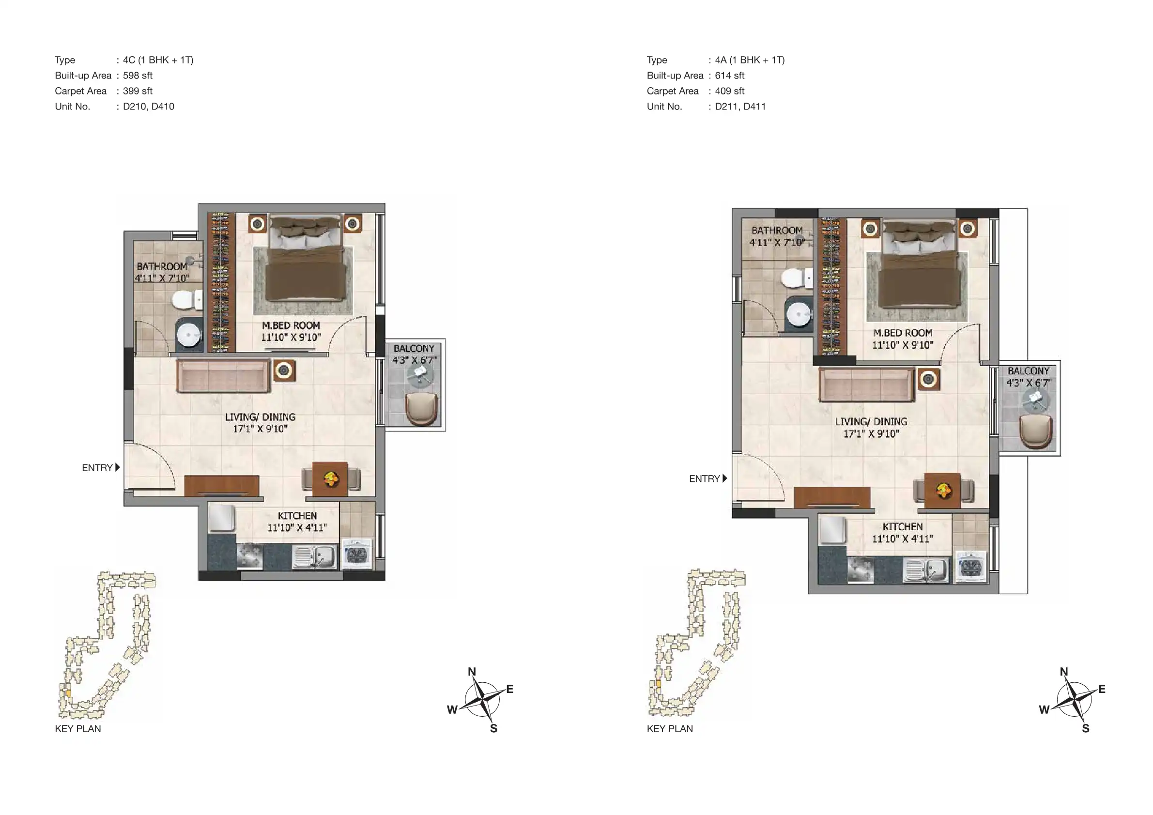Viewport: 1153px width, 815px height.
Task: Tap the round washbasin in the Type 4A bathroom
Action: pos(799,314)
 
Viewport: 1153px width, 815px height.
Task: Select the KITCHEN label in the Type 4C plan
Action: pos(297,516)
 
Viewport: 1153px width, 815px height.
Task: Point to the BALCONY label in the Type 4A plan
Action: pos(1029,371)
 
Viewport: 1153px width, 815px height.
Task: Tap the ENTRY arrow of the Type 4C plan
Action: pos(118,467)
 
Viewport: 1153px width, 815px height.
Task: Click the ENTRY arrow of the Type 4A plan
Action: pos(724,478)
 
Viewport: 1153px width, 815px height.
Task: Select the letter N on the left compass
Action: pos(472,672)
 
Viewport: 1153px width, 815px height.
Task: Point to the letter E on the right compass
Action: pos(1102,689)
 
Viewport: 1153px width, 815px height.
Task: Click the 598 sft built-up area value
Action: pos(138,76)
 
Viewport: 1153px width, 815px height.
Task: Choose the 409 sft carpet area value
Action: pos(730,91)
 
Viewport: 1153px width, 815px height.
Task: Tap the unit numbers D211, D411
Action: pos(740,107)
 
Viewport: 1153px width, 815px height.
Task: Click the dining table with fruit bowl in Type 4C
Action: pos(330,479)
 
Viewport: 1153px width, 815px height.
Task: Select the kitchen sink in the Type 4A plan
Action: pos(926,570)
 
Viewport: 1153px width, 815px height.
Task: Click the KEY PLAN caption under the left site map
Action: pos(78,729)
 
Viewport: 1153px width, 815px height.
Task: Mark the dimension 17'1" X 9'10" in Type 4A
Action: pos(871,434)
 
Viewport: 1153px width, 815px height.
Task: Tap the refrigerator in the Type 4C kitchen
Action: pos(221,517)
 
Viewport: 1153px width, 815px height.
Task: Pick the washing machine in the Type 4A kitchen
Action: pos(970,567)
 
